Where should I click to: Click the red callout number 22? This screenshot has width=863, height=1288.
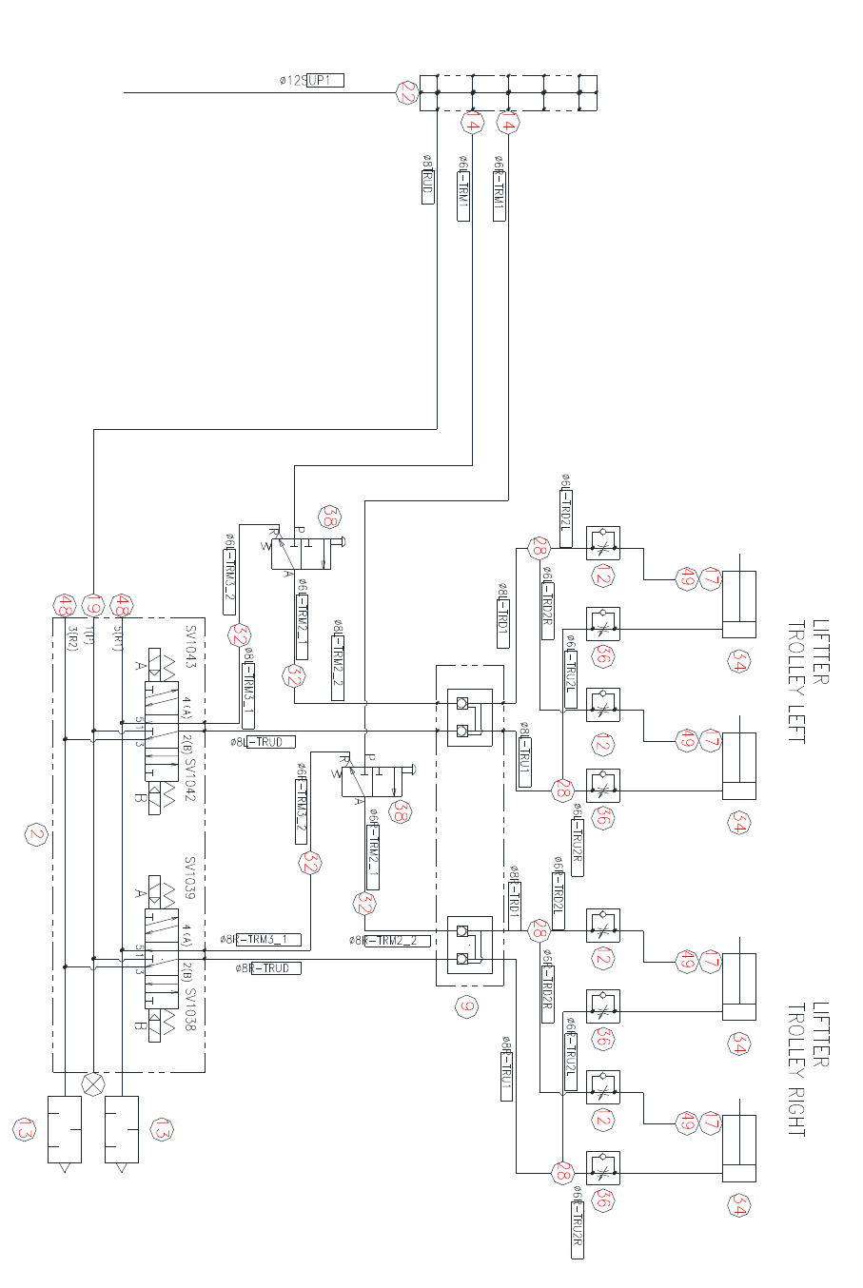[x=408, y=93]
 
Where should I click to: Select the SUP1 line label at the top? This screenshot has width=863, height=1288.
[x=324, y=81]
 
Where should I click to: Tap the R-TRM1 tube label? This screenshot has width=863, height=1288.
[x=499, y=188]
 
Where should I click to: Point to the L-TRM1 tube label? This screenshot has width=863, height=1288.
[x=463, y=188]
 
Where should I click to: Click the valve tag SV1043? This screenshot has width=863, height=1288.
[x=190, y=646]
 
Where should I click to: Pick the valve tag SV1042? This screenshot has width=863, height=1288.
[x=190, y=780]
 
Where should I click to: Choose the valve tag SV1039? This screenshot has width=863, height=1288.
[x=189, y=879]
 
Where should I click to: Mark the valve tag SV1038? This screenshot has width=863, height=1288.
[x=189, y=1013]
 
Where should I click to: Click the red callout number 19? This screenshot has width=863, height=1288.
[x=93, y=604]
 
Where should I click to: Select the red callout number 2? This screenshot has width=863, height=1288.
[x=36, y=835]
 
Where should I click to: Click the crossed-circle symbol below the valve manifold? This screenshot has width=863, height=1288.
[x=93, y=1084]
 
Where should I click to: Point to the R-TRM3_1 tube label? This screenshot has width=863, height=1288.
[x=269, y=940]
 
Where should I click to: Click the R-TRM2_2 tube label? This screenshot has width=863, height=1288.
[x=398, y=941]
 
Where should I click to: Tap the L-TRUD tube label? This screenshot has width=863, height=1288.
[x=270, y=742]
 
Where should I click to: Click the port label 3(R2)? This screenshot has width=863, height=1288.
[x=73, y=637]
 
